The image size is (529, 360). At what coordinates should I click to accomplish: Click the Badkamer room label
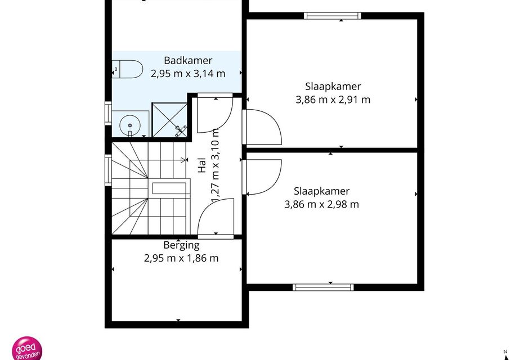click(188, 60)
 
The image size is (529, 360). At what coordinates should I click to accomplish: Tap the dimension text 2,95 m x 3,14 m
click(188, 74)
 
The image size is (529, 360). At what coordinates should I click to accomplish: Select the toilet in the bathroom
click(127, 69)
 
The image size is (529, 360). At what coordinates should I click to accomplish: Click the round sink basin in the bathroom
click(129, 125)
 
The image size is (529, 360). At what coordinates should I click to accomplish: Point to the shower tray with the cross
click(169, 120)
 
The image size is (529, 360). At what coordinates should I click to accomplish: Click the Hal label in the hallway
click(201, 165)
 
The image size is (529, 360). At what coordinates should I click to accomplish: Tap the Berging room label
click(181, 245)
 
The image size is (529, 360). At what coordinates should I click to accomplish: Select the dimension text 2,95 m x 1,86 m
click(181, 258)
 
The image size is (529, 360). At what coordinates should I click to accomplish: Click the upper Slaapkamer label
click(333, 87)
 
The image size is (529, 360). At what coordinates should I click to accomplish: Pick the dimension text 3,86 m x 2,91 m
click(333, 100)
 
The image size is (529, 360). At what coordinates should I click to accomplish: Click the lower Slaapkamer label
click(321, 191)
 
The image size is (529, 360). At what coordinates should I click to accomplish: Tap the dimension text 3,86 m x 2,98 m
click(321, 204)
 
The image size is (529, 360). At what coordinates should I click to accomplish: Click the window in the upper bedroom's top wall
click(332, 16)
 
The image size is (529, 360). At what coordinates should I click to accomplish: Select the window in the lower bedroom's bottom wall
click(323, 287)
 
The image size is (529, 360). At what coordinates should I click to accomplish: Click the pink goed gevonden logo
click(27, 348)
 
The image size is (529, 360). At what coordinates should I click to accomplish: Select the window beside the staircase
click(108, 170)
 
